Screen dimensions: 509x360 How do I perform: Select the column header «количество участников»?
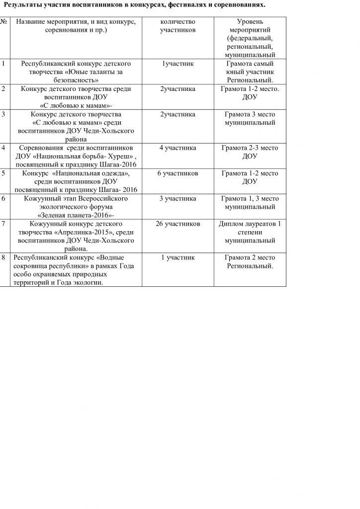click(178, 26)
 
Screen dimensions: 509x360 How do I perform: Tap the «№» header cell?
click(4, 22)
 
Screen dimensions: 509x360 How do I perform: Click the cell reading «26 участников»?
click(178, 224)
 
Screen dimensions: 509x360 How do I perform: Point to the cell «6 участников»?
click(178, 173)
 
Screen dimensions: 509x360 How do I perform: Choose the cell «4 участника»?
click(178, 148)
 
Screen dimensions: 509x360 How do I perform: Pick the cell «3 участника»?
click(178, 199)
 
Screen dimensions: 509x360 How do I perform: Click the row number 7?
click(3, 224)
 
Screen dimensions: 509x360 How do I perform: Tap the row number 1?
click(3, 64)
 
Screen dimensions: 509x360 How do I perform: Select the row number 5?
click(3, 173)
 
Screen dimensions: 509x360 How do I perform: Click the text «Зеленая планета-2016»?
click(75, 215)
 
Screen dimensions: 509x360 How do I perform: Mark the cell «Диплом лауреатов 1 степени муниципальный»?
click(250, 232)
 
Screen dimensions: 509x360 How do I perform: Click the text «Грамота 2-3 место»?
click(250, 148)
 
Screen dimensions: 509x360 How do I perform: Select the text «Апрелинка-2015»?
click(80, 233)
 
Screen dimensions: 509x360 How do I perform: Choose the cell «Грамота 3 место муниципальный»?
click(250, 118)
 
